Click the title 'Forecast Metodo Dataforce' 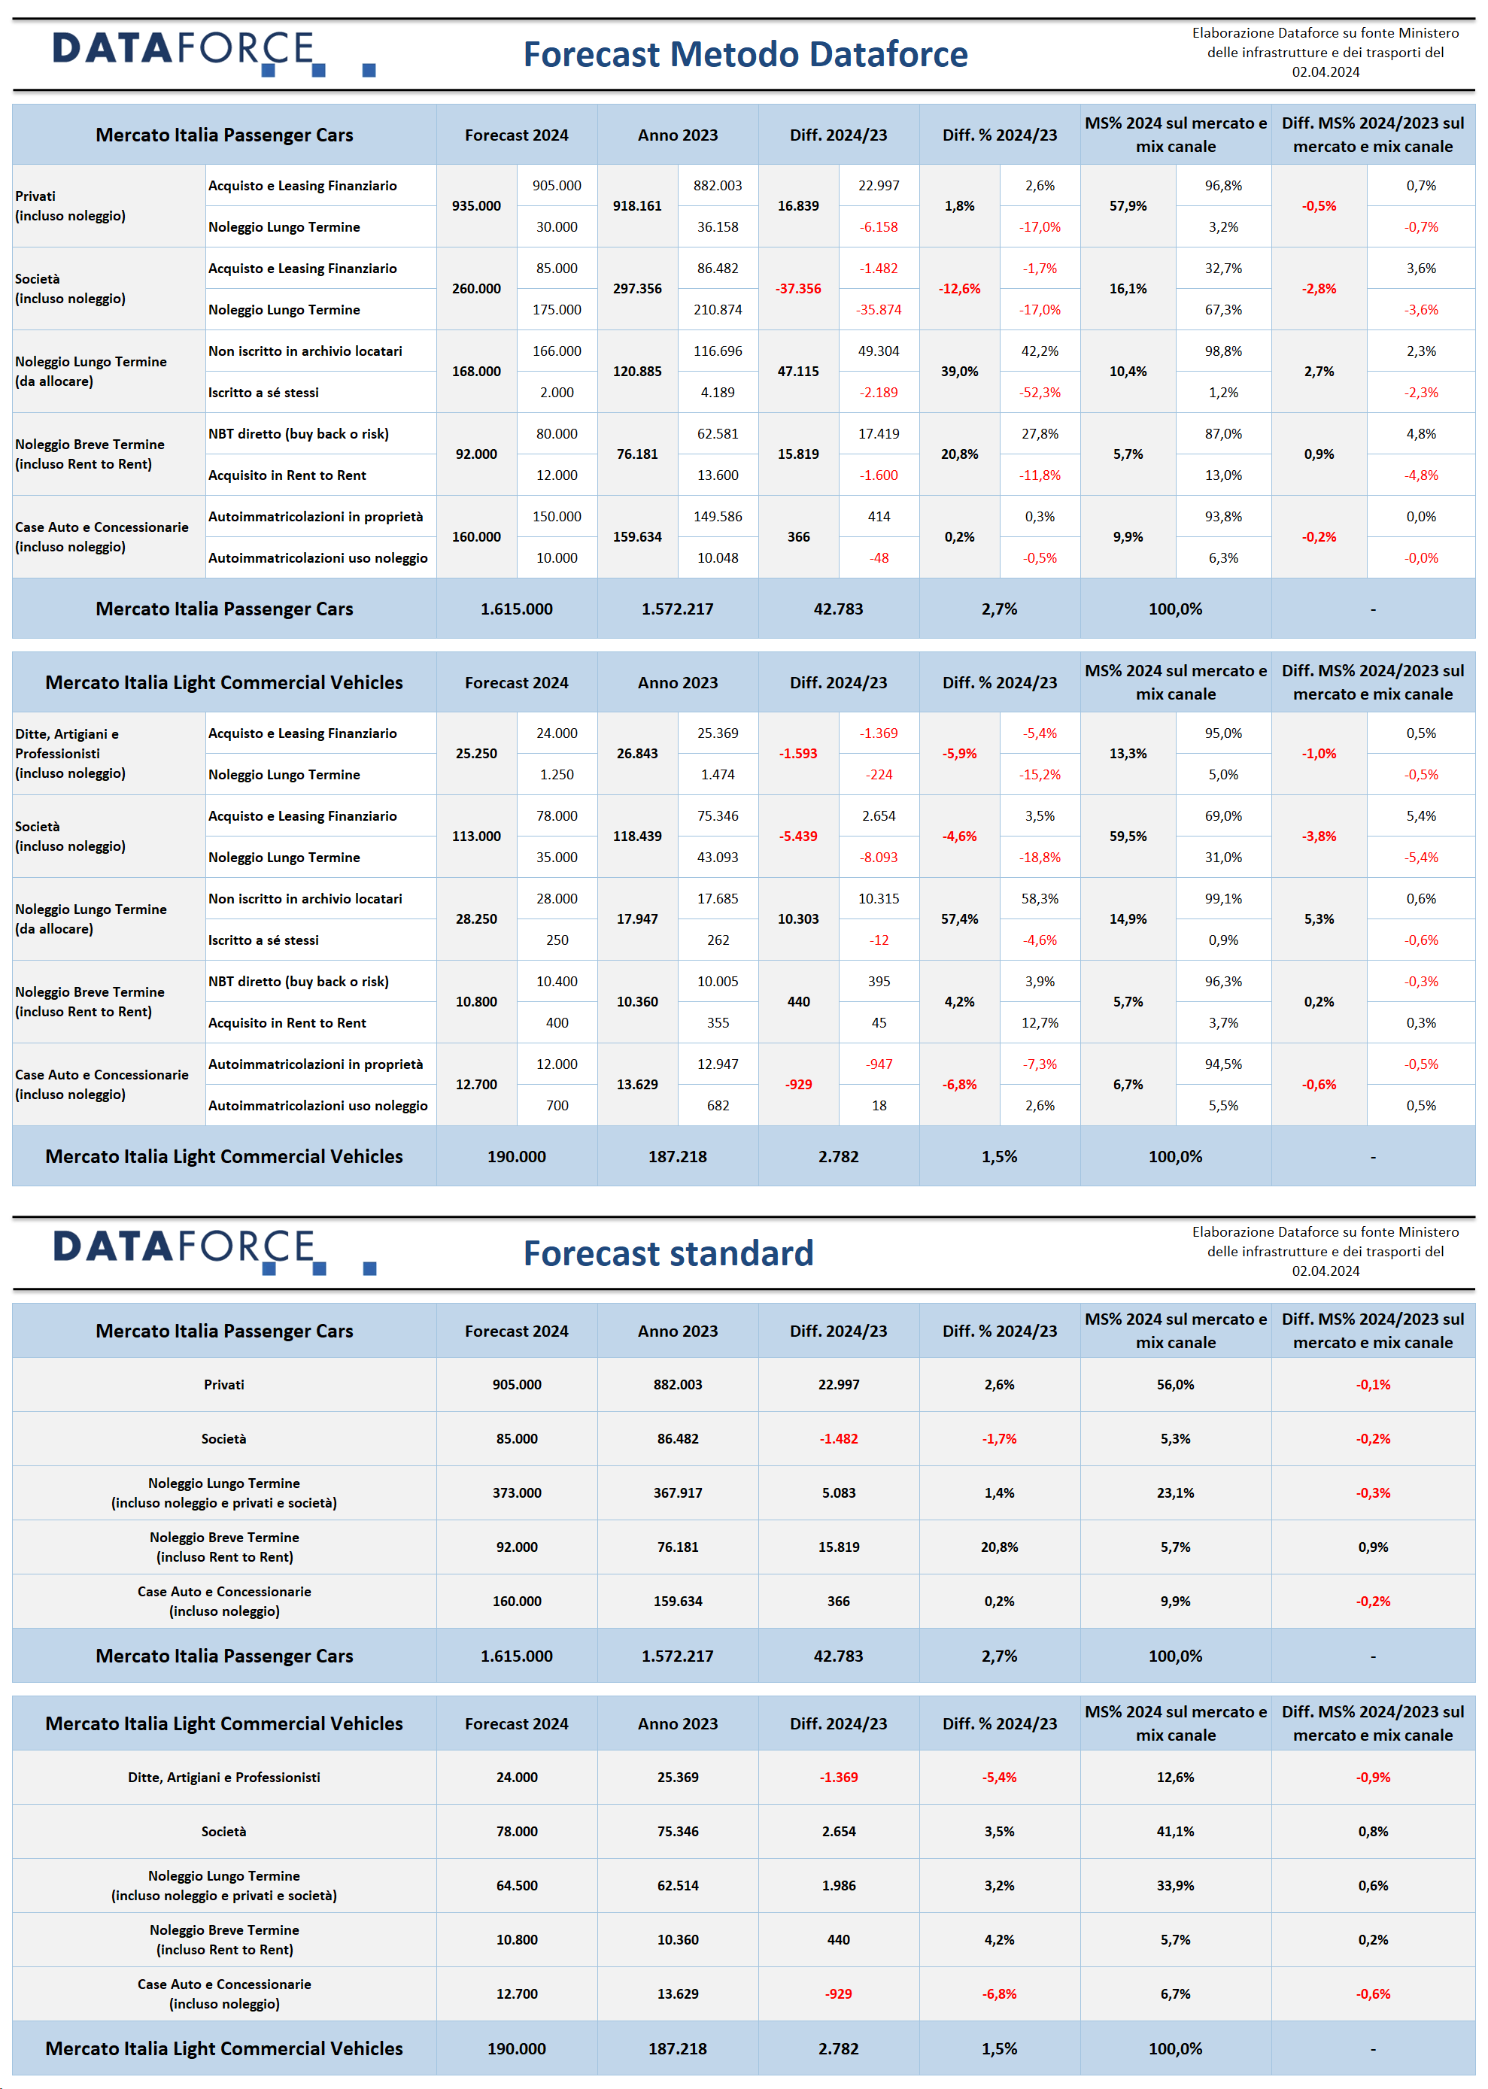click(x=745, y=54)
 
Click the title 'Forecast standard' click(x=668, y=1252)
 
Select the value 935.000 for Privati click(x=476, y=206)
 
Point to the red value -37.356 click(x=798, y=289)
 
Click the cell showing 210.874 click(x=718, y=310)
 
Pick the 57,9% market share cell click(x=1128, y=206)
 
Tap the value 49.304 click(x=879, y=351)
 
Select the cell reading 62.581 click(x=718, y=433)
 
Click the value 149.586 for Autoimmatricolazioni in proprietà click(x=718, y=517)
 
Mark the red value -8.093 click(x=879, y=858)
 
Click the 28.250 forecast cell click(x=476, y=919)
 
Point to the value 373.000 click(x=517, y=1492)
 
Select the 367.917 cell click(x=678, y=1492)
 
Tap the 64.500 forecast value click(x=517, y=1886)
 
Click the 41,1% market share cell click(x=1176, y=1832)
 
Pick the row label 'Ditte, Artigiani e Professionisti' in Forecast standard click(x=224, y=1778)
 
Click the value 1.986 click(x=838, y=1886)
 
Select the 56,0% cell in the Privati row click(x=1176, y=1384)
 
